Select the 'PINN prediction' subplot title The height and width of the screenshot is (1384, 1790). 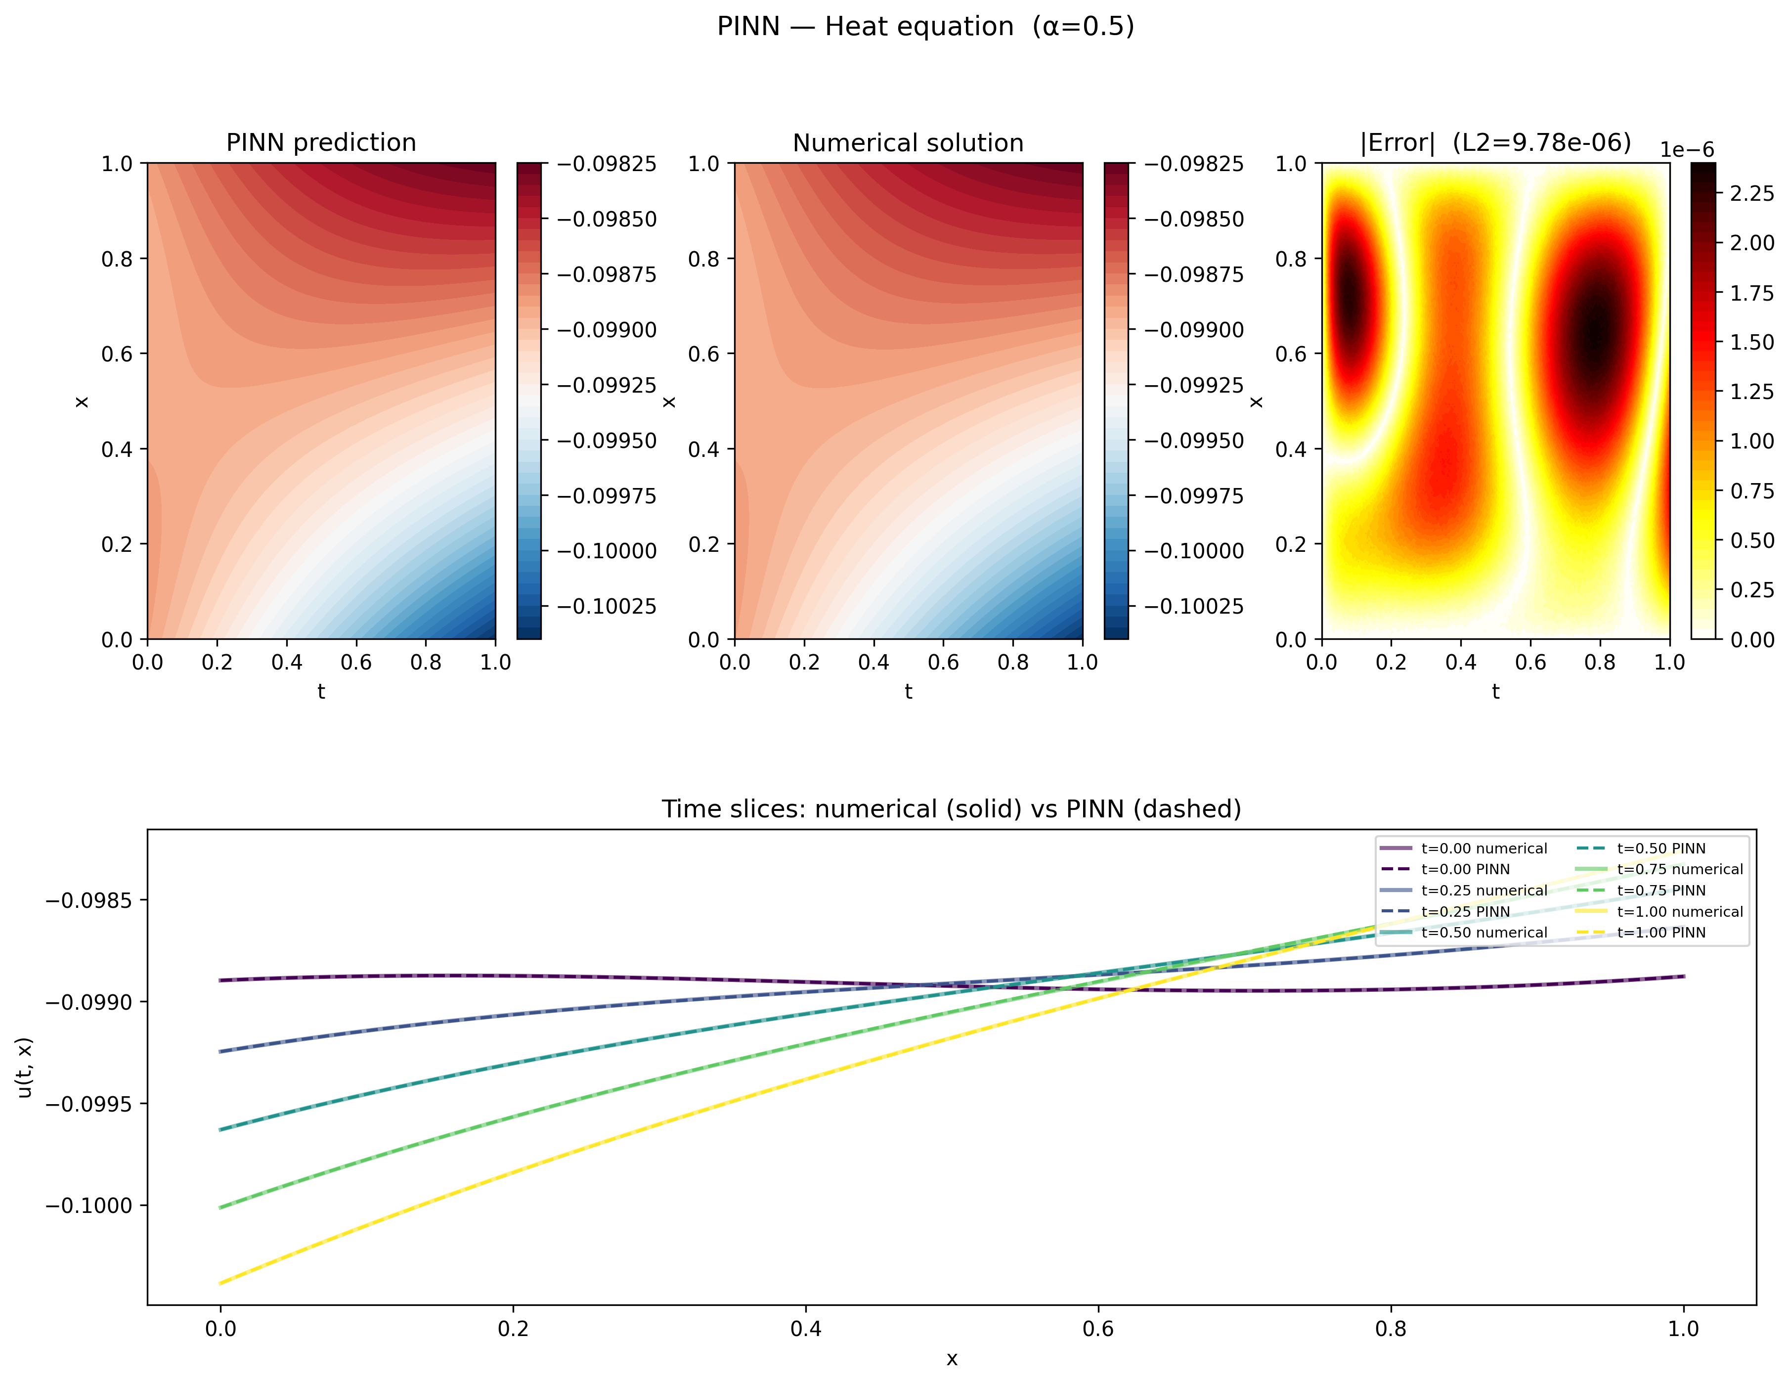pos(321,143)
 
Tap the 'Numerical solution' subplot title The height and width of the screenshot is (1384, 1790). pos(908,143)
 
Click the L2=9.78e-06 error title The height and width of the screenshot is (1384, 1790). pos(1495,143)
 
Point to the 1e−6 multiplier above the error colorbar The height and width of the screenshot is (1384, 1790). pos(1687,150)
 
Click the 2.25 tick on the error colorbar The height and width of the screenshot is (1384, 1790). pos(1751,193)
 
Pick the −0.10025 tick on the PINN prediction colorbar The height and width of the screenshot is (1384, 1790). pos(607,607)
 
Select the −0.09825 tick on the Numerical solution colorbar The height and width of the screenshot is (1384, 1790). pos(1193,164)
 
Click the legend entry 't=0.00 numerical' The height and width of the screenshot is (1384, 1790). pos(1484,848)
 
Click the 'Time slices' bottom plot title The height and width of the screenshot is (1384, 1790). pos(951,809)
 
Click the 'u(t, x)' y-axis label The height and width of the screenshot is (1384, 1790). pos(25,1068)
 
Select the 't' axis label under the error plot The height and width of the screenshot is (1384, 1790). pos(1495,692)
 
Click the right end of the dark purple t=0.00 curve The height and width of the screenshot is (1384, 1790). pos(1683,977)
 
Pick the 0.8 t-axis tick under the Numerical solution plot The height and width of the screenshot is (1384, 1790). pos(1013,663)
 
